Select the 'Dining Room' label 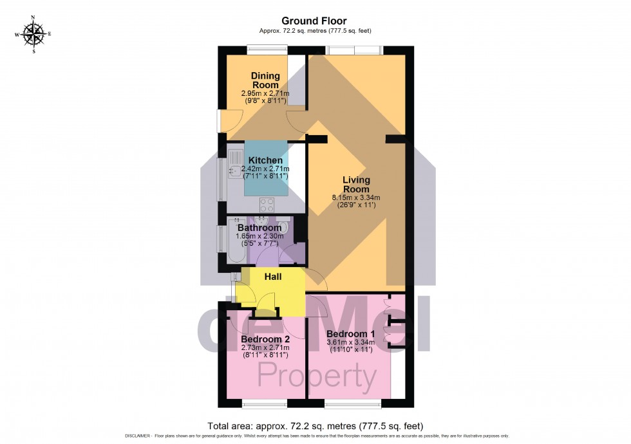tap(265, 80)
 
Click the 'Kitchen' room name tap(265, 160)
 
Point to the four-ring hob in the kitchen tap(267, 205)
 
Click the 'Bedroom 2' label tap(265, 339)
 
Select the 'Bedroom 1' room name tap(351, 335)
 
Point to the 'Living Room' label tap(356, 185)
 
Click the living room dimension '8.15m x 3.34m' tap(356, 198)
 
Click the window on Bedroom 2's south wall tap(265, 405)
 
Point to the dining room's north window tap(267, 48)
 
